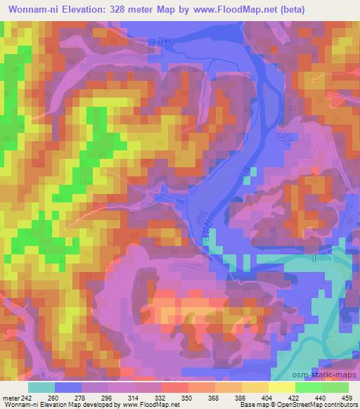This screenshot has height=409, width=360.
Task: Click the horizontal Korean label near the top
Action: click(x=155, y=41)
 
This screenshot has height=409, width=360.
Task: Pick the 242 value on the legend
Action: click(x=25, y=397)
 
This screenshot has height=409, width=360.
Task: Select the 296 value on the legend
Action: click(x=108, y=397)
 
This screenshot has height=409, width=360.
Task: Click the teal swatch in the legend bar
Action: click(x=41, y=387)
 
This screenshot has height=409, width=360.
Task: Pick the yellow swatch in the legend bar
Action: click(x=281, y=387)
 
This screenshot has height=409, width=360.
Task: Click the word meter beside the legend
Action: click(x=9, y=397)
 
